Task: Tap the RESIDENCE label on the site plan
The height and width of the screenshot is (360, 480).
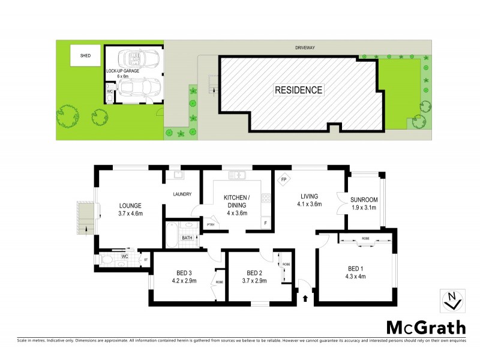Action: [x=299, y=91]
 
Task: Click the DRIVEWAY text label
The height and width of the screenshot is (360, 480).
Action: [x=306, y=47]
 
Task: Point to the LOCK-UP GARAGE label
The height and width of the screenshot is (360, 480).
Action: [x=123, y=71]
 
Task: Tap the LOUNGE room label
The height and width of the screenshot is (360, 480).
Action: [x=130, y=205]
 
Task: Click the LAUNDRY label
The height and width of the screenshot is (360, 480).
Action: [x=182, y=194]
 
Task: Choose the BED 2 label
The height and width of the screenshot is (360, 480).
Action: [x=255, y=272]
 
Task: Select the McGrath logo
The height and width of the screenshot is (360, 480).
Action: [x=425, y=328]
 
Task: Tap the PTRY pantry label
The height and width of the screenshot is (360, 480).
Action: [x=211, y=224]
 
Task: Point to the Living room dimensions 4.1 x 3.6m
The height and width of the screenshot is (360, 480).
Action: [x=310, y=205]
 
